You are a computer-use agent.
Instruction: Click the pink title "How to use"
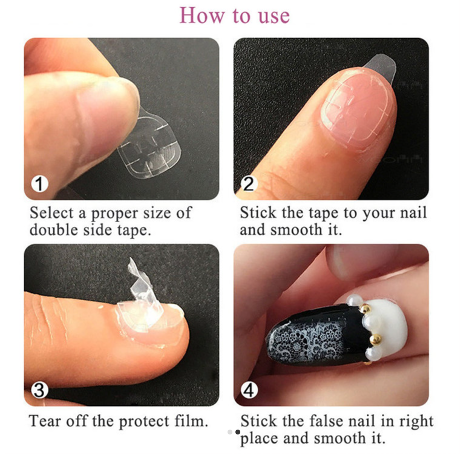coord(235,16)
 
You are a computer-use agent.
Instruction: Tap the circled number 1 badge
coord(40,183)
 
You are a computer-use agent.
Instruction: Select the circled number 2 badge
coord(249,183)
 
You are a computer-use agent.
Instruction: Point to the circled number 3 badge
coord(40,390)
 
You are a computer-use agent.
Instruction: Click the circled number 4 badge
coord(249,390)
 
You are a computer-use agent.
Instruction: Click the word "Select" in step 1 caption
coord(51,212)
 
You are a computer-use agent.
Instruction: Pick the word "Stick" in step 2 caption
coord(258,212)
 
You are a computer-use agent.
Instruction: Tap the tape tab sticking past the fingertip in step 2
coord(381,67)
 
